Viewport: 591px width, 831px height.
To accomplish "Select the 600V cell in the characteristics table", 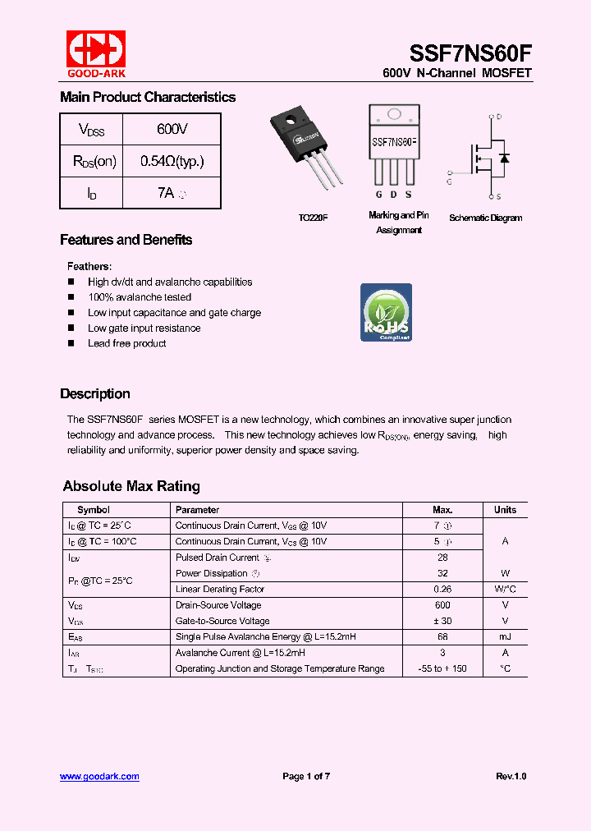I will tap(172, 130).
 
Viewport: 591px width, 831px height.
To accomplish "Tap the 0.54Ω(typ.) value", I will tap(172, 161).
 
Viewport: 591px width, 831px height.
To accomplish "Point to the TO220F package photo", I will tap(306, 153).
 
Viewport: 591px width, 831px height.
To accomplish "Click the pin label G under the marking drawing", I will tap(378, 195).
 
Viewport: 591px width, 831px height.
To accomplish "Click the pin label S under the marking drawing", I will tap(409, 195).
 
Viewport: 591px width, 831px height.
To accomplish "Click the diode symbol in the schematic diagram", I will tap(504, 157).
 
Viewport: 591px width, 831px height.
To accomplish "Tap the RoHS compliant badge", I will tap(386, 312).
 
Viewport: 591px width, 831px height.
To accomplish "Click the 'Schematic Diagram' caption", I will tap(485, 218).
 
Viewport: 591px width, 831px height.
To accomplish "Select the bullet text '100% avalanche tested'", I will tap(140, 297).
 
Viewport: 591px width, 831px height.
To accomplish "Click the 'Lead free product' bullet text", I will tap(126, 343).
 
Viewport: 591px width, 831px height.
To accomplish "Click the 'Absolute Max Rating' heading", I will tap(131, 486).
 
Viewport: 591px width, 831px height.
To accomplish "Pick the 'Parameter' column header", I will tap(197, 510).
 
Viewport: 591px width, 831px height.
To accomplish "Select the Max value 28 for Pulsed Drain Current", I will tap(442, 558).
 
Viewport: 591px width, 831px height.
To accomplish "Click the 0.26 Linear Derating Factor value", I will tap(442, 589).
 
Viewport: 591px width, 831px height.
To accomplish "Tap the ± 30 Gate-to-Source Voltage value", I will tap(442, 621).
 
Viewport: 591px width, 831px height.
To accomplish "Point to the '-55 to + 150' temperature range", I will tap(442, 668).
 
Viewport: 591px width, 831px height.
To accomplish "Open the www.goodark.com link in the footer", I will tap(99, 776).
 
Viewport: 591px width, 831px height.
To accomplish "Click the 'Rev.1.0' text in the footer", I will tap(511, 776).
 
